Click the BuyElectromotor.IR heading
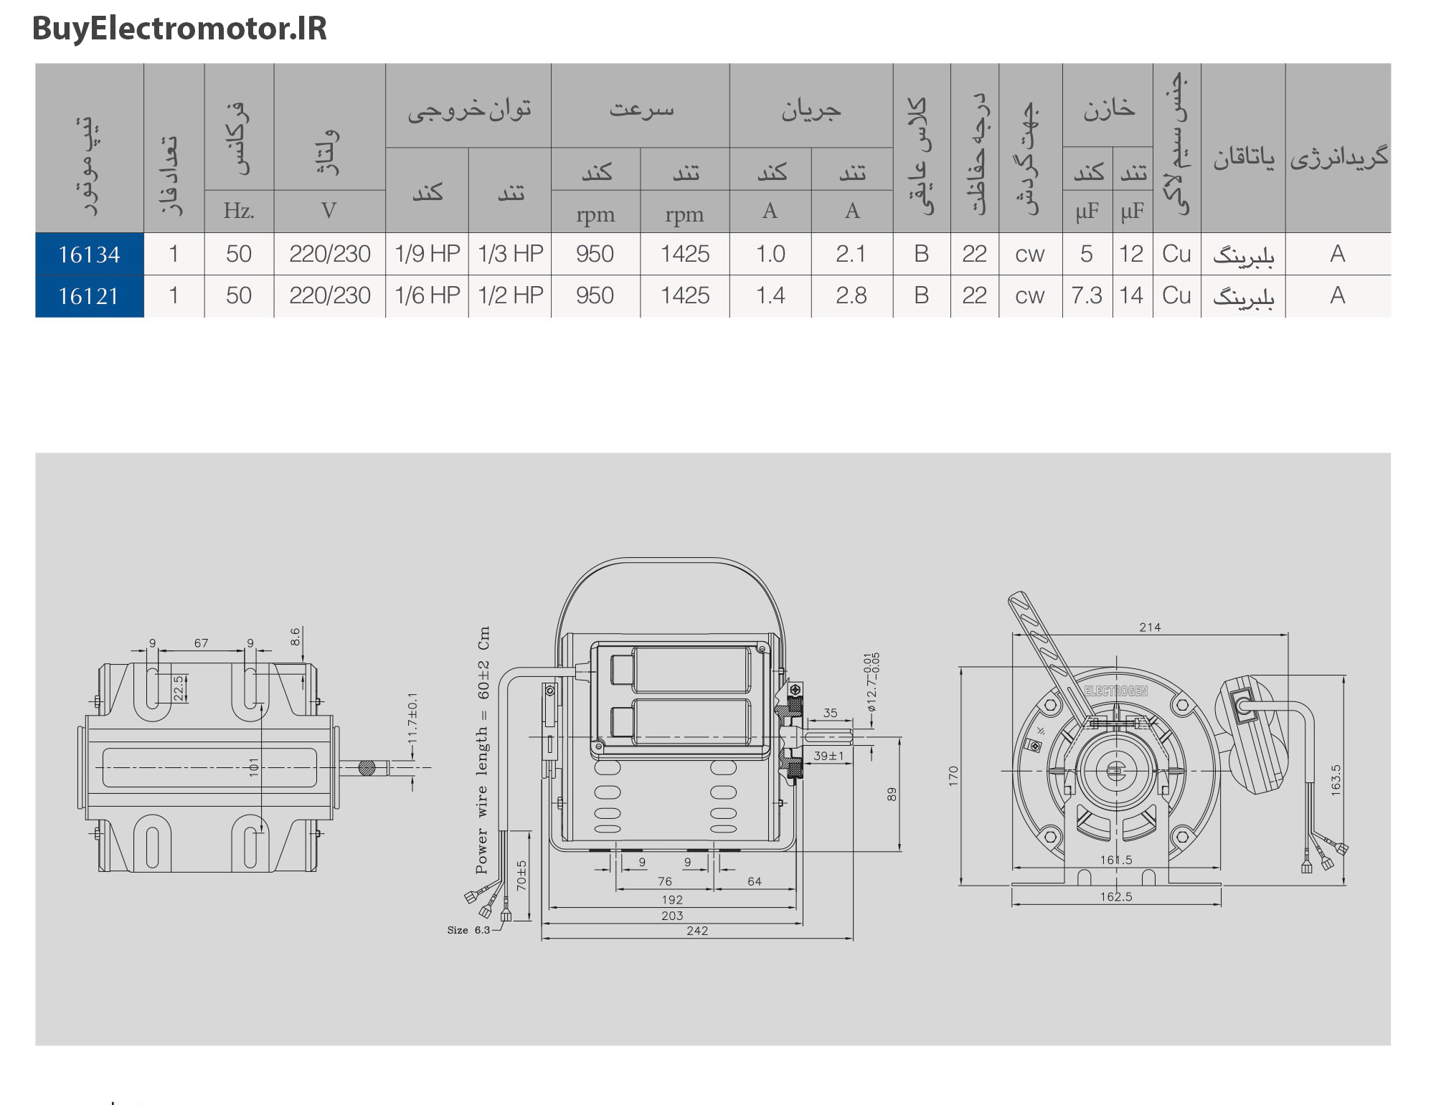[x=179, y=29]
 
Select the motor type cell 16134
[x=90, y=255]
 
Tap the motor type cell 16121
[x=90, y=296]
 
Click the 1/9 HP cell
[x=428, y=254]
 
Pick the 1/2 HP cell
[x=511, y=295]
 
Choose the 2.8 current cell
[x=851, y=295]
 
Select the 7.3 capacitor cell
[x=1087, y=295]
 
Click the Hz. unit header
[x=239, y=211]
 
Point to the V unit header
[x=329, y=211]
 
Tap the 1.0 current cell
[x=771, y=254]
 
